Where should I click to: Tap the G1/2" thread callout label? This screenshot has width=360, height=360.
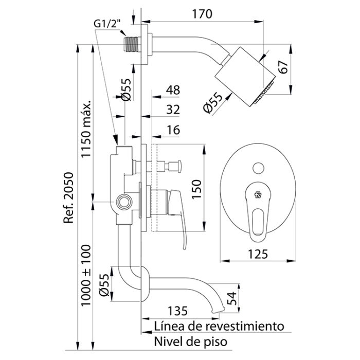coord(107,24)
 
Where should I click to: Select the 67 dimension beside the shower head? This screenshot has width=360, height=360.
coord(282,67)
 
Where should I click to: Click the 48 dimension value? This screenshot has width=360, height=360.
coord(173,90)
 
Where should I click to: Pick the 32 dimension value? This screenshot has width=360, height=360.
coord(173,109)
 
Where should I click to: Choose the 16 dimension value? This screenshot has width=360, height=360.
coord(173,130)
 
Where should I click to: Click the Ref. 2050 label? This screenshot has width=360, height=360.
coord(69,198)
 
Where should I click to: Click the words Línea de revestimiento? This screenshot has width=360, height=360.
coord(219,326)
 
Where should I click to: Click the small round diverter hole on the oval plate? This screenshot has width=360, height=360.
coord(258,167)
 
